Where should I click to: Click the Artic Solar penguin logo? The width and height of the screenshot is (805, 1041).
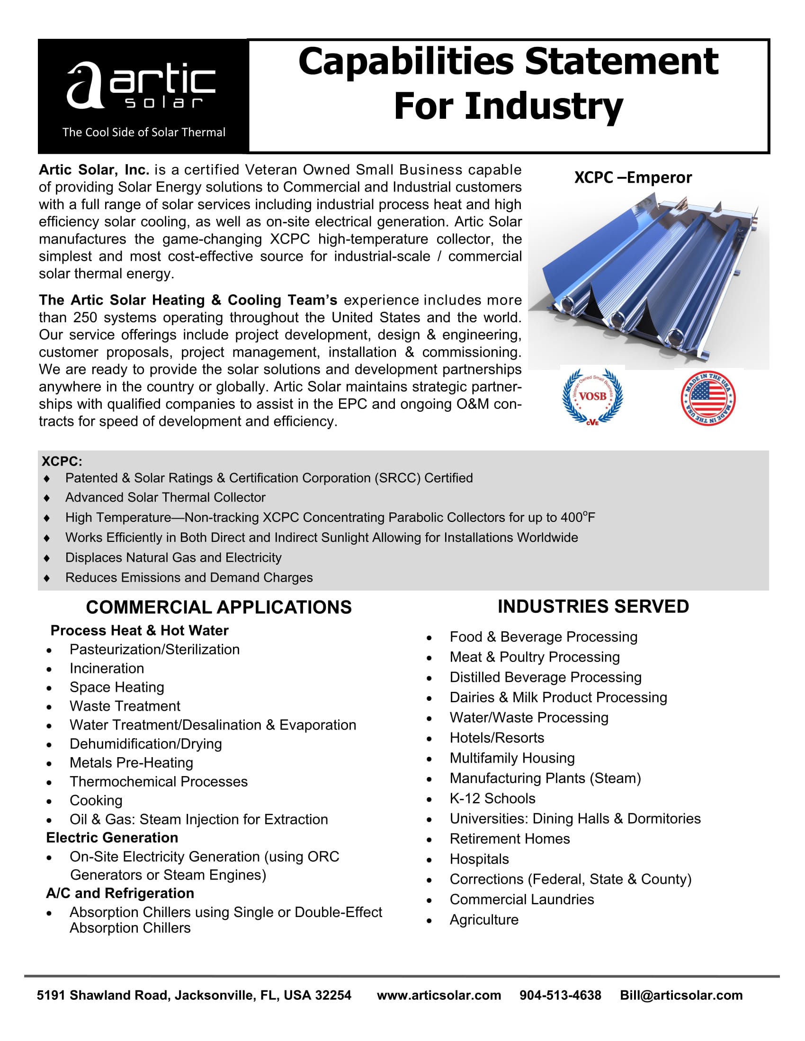pyautogui.click(x=141, y=86)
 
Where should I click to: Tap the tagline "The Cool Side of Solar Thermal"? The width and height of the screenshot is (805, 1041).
pyautogui.click(x=143, y=132)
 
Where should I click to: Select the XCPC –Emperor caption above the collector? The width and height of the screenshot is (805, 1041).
pyautogui.click(x=632, y=177)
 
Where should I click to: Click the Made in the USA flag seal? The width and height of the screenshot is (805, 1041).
pyautogui.click(x=708, y=398)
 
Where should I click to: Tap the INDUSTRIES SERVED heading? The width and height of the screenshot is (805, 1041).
pyautogui.click(x=593, y=606)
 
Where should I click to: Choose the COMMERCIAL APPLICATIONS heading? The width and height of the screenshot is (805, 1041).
pyautogui.click(x=218, y=607)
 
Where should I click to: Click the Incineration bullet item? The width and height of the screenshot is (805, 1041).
pyautogui.click(x=107, y=668)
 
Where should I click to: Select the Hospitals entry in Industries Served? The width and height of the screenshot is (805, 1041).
pyautogui.click(x=479, y=859)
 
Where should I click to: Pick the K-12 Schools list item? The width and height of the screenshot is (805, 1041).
pyautogui.click(x=492, y=798)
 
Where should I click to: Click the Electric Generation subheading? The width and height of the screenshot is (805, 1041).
pyautogui.click(x=112, y=838)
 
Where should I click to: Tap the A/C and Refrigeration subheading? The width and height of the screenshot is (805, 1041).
pyautogui.click(x=120, y=893)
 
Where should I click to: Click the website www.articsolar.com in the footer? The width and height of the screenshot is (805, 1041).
pyautogui.click(x=439, y=995)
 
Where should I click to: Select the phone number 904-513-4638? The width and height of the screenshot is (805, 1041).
pyautogui.click(x=560, y=995)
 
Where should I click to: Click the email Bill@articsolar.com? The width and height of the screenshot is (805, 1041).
pyautogui.click(x=681, y=995)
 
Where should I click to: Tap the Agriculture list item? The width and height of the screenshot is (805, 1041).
pyautogui.click(x=483, y=919)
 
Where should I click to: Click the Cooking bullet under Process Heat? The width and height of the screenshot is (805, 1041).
pyautogui.click(x=96, y=800)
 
